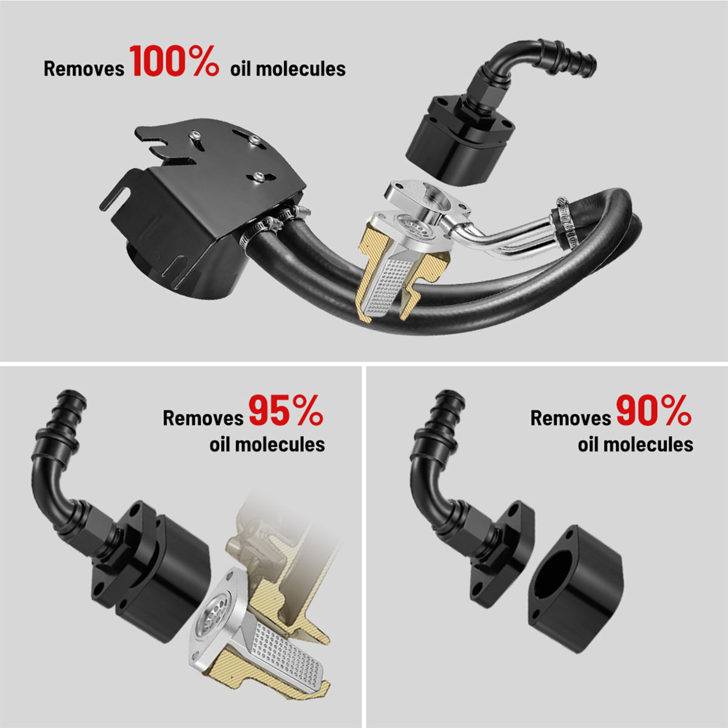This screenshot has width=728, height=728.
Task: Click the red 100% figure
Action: coord(174,61)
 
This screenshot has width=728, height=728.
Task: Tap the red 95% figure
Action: coord(286,410)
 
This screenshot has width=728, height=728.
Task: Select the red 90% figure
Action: coord(653,410)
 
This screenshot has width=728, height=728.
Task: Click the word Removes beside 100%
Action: coord(84,69)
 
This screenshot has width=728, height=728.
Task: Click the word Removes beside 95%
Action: coord(203,418)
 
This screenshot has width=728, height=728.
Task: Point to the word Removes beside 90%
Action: coord(570,418)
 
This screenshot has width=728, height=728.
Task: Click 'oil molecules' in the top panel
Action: coord(288,69)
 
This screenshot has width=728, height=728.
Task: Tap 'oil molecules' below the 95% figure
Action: coord(267,444)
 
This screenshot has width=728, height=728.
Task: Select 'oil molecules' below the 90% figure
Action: coord(635,444)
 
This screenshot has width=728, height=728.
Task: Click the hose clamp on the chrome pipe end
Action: coord(565,221)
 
